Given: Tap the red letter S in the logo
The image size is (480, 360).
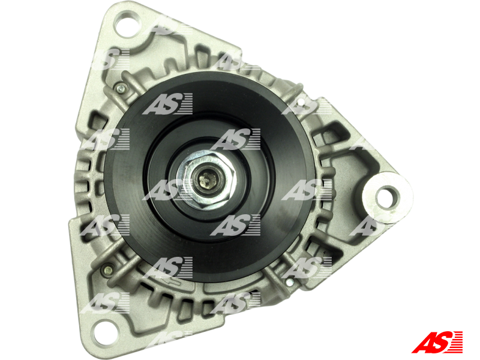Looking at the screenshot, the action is (x=443, y=342).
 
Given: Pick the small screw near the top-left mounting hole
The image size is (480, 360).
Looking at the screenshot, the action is (x=121, y=89).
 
